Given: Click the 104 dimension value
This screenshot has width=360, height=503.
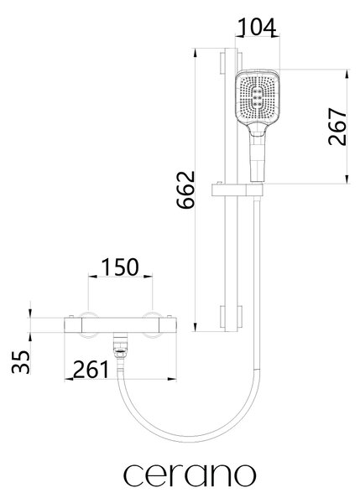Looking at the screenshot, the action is click(258, 27).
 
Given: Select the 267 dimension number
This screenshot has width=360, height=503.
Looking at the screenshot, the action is click(338, 127).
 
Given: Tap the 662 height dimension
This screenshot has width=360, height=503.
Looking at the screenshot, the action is click(186, 190).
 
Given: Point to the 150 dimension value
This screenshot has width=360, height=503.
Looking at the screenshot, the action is click(120, 267).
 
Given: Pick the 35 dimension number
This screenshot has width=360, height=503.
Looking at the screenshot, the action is click(20, 362).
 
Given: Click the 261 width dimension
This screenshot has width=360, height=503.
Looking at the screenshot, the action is click(91, 370).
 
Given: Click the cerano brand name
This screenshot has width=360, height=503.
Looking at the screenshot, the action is click(190, 475).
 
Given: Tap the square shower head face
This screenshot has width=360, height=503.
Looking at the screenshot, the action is click(258, 97).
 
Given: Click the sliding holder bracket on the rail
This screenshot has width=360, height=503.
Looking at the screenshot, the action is click(237, 190).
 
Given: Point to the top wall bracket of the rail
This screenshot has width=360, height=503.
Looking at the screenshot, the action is click(231, 63).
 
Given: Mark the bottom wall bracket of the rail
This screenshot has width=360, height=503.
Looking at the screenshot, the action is click(231, 317).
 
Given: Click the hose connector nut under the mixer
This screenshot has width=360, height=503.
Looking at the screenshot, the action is click(121, 350).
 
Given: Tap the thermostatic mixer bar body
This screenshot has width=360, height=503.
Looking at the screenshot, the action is click(120, 325).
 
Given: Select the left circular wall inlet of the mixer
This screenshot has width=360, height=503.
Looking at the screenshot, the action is click(88, 324).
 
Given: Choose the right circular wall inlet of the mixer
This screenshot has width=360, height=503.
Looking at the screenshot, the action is click(152, 324).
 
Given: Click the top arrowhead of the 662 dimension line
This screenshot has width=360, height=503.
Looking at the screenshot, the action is click(195, 53).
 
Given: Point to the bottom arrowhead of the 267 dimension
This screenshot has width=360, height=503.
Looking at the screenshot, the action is click(347, 179).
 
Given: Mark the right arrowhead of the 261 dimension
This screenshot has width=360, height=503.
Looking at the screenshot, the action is click(172, 379).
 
